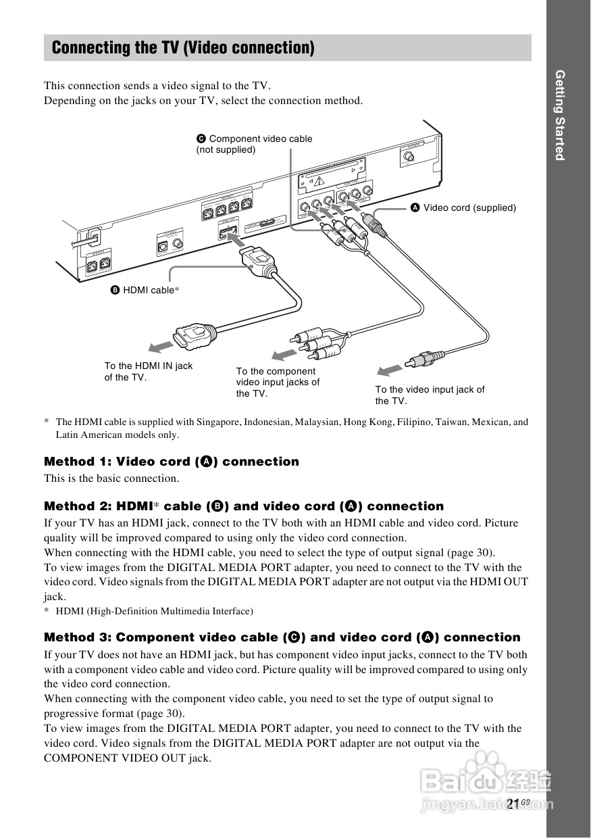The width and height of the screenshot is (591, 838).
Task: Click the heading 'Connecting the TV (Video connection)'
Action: tap(183, 48)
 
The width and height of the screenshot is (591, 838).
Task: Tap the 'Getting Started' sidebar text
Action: tap(559, 115)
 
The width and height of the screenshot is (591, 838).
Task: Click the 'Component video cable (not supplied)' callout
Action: tap(255, 144)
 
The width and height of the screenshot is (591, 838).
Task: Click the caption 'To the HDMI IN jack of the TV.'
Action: tap(148, 371)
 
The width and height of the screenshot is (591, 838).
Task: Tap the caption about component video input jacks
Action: tap(278, 382)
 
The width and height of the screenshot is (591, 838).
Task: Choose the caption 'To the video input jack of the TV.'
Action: tap(430, 395)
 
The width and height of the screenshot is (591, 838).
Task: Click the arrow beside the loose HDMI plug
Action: tap(161, 347)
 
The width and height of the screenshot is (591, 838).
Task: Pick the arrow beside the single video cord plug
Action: tap(388, 370)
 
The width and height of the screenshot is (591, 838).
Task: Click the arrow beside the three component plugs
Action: tap(283, 355)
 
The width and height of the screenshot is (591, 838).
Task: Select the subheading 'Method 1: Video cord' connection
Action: tap(171, 462)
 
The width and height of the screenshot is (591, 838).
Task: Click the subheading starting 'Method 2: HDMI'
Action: tap(243, 506)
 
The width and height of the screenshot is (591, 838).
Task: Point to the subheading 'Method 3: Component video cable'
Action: tap(282, 637)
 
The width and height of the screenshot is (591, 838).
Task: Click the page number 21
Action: tap(513, 804)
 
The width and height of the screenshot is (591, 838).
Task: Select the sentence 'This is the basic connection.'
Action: tap(111, 478)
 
